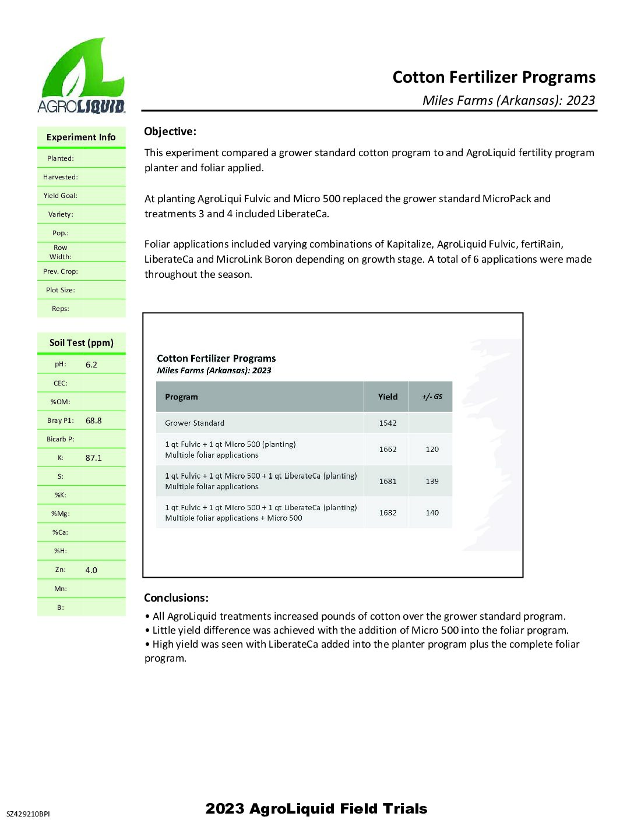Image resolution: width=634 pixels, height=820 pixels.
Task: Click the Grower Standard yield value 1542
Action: (388, 423)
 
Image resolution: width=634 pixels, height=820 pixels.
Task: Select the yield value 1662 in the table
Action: (388, 450)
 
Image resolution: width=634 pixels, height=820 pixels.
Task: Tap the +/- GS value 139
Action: (432, 482)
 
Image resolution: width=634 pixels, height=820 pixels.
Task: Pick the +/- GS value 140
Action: (432, 513)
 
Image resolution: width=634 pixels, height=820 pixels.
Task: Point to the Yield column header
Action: (388, 397)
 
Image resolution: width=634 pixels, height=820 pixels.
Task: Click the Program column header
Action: (181, 397)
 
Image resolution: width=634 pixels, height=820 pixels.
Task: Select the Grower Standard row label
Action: (195, 423)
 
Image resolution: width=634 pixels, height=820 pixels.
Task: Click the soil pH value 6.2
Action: (91, 365)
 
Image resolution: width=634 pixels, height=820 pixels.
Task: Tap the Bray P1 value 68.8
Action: (93, 420)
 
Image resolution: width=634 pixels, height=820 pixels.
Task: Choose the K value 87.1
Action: (93, 458)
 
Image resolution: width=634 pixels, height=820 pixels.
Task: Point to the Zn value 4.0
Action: (91, 570)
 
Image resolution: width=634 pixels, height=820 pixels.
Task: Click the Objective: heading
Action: (170, 132)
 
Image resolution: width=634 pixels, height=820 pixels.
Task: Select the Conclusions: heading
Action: (176, 598)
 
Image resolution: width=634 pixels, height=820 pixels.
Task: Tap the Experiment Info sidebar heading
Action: (81, 137)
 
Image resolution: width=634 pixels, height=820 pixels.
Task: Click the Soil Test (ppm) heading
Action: (82, 343)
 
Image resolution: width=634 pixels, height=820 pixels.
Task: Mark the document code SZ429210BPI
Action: (28, 814)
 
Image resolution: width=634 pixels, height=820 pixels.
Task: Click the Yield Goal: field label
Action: (60, 196)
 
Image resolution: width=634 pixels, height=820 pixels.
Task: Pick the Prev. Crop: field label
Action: (61, 271)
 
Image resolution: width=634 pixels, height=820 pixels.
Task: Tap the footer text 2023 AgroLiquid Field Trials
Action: (316, 809)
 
